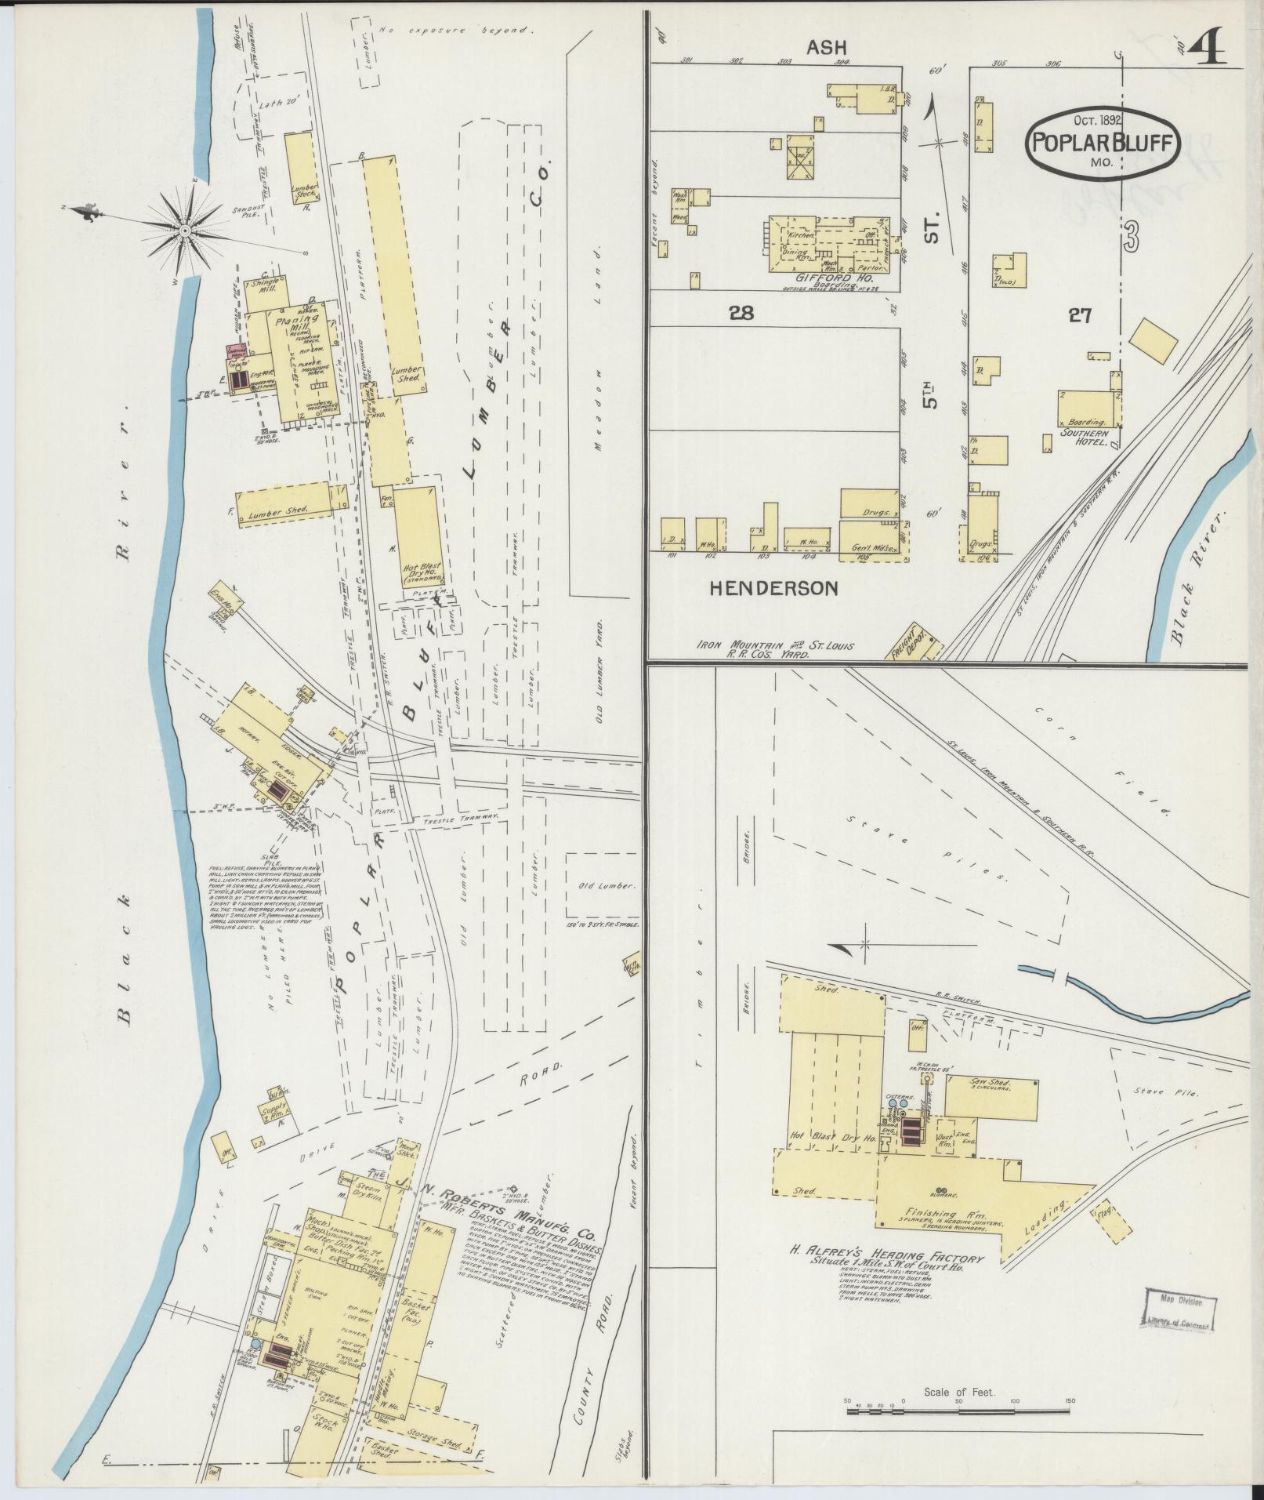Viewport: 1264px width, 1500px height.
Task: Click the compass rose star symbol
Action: pyautogui.click(x=184, y=230)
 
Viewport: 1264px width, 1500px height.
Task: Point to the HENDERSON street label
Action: pyautogui.click(x=773, y=588)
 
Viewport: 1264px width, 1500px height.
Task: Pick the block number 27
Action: pyautogui.click(x=1080, y=315)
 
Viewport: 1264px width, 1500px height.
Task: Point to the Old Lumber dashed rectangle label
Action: pyautogui.click(x=606, y=886)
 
